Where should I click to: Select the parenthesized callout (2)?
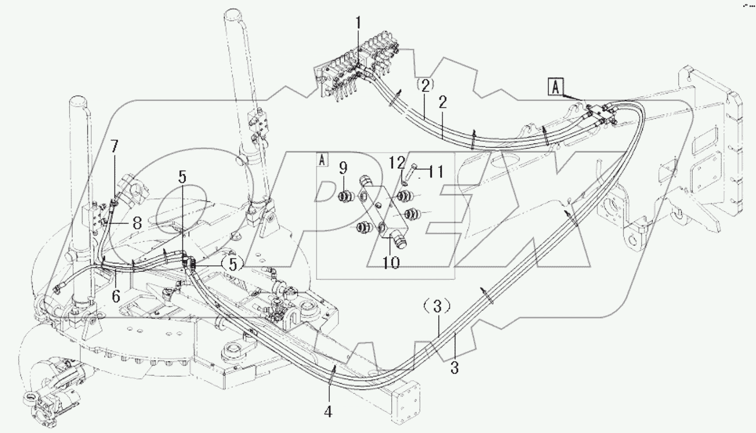(425, 85)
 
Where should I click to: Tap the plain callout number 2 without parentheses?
(442, 103)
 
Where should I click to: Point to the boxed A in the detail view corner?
(322, 158)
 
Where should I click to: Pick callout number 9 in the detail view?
(343, 169)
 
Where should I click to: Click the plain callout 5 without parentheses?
(183, 178)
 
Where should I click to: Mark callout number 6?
(116, 295)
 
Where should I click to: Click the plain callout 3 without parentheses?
(455, 367)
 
